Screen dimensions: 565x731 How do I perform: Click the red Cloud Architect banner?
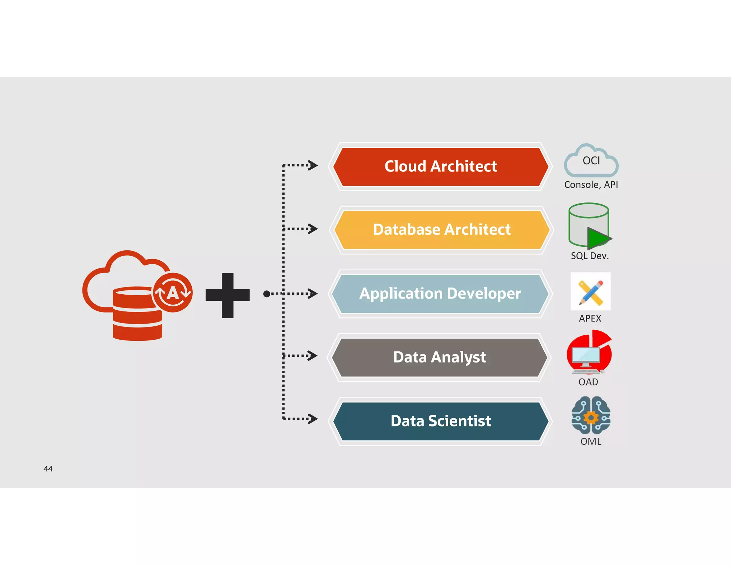[440, 166]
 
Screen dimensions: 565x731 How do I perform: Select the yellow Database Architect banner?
[442, 230]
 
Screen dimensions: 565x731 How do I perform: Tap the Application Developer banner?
[440, 294]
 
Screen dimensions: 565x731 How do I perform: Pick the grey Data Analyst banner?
[439, 357]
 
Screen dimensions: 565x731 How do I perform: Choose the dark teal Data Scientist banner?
[440, 421]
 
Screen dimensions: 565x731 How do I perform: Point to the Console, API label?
[591, 185]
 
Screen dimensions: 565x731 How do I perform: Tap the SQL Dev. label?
[590, 256]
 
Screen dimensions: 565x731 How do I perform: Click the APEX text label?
[590, 318]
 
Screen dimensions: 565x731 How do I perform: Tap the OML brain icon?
[591, 415]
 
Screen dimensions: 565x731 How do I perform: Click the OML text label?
[591, 441]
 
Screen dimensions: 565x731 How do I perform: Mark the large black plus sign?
[227, 295]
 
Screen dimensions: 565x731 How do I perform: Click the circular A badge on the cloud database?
[173, 293]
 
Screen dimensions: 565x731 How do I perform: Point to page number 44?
[48, 469]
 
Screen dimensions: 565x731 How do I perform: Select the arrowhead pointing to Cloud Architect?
[313, 165]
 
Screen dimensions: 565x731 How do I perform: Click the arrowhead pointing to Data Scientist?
[313, 419]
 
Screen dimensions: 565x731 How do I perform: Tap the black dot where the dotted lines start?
[266, 294]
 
